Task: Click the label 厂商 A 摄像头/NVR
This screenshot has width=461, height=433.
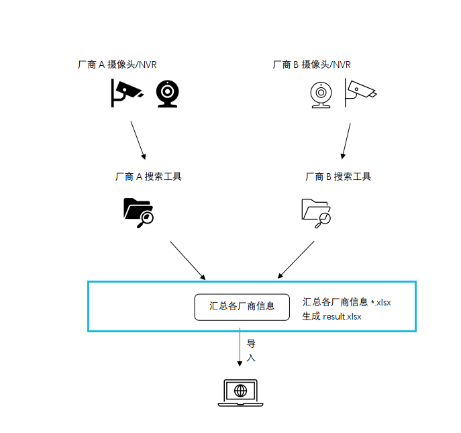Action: [x=117, y=65]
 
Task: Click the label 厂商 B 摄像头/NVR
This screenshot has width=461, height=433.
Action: [x=311, y=65]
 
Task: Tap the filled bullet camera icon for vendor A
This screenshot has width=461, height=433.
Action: [x=125, y=93]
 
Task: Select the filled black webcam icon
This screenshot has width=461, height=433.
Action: [x=167, y=94]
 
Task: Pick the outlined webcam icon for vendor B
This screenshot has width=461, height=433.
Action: [x=321, y=94]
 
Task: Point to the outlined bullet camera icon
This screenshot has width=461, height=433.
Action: [x=360, y=93]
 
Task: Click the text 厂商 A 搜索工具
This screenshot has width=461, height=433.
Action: [x=148, y=177]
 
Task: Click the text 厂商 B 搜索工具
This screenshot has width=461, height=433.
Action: [x=338, y=177]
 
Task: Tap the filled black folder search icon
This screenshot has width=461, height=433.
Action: [x=139, y=213]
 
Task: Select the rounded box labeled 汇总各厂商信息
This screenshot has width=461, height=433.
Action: [x=242, y=306]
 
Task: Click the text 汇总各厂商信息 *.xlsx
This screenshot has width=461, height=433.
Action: [x=346, y=302]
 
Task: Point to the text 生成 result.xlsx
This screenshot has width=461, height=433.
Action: [x=331, y=316]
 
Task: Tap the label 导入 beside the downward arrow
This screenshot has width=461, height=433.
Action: [x=251, y=350]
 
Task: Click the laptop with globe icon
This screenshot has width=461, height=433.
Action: [x=240, y=393]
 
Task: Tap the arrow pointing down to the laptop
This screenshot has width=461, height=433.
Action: [x=240, y=348]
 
